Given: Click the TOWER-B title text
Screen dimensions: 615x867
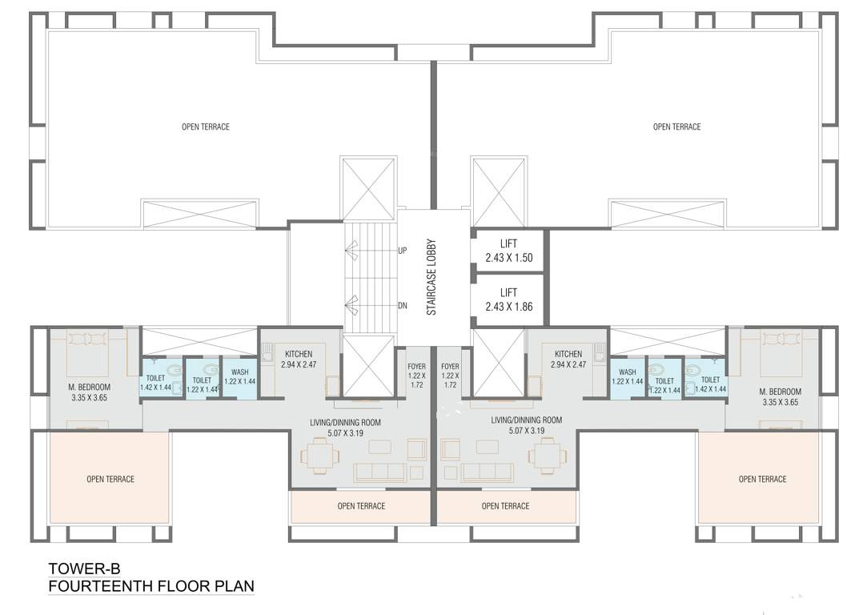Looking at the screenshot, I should [84, 569].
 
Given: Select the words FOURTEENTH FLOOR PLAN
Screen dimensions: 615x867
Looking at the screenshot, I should [151, 586].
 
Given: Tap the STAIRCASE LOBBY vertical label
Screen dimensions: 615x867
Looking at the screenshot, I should [431, 277].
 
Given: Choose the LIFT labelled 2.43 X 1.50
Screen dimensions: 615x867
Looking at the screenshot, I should [508, 251].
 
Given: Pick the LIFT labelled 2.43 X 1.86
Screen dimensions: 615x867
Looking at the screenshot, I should [508, 299].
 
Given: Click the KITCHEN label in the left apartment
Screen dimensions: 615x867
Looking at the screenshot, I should [299, 354].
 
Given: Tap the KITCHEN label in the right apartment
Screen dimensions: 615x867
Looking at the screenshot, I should [568, 354].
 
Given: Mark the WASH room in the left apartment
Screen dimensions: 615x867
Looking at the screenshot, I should [239, 377].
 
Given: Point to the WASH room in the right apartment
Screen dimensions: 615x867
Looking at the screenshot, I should [628, 377].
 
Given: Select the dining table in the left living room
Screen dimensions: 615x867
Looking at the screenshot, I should [320, 456].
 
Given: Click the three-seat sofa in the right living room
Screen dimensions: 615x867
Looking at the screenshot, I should [488, 472].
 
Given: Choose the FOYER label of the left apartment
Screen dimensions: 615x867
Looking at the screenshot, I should [417, 375].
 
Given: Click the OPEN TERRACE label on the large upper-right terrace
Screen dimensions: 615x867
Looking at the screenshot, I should [676, 127].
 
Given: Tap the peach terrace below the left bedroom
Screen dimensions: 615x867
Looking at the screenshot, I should [110, 479].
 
